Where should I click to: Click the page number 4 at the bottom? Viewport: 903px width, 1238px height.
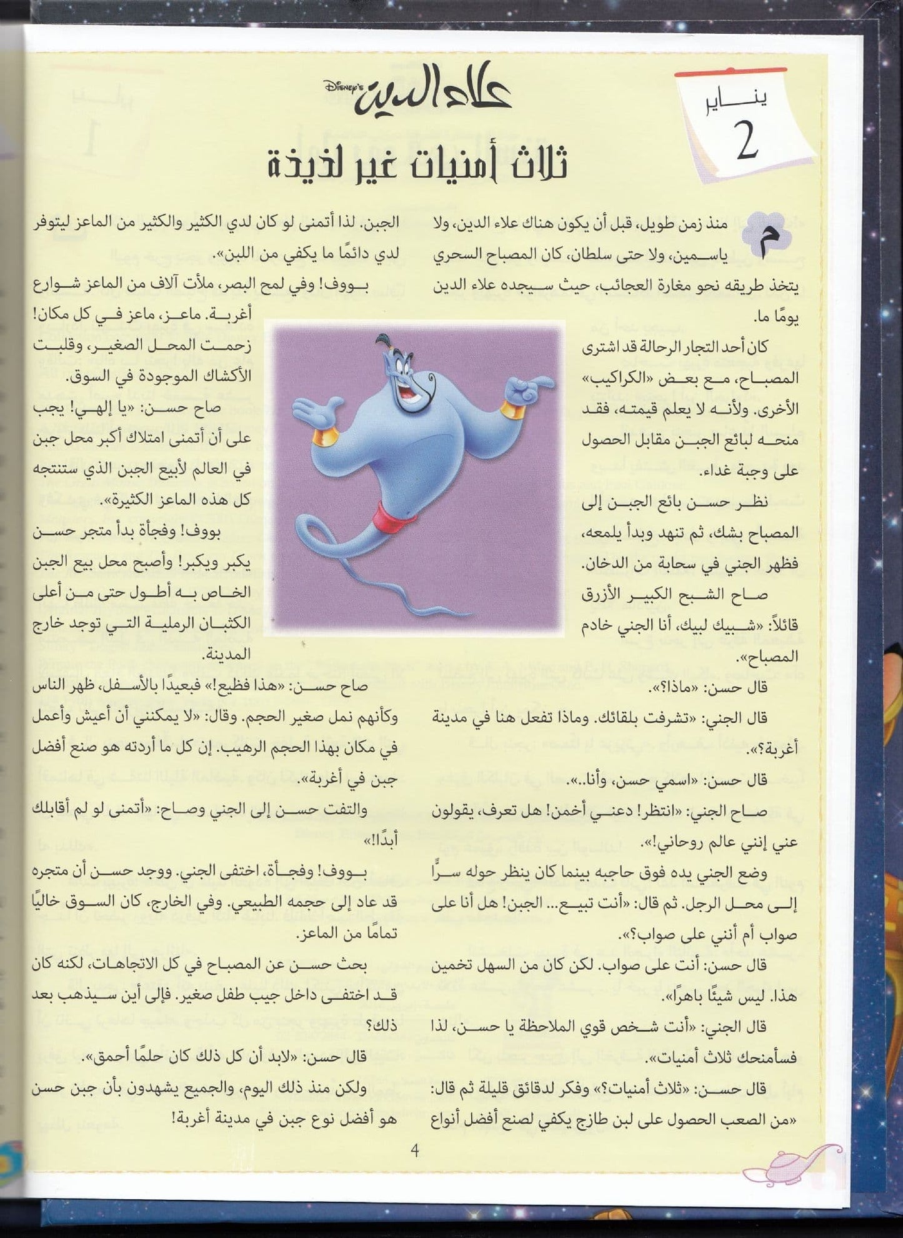coord(414,1150)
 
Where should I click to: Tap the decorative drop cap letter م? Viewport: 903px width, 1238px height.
coord(766,237)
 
